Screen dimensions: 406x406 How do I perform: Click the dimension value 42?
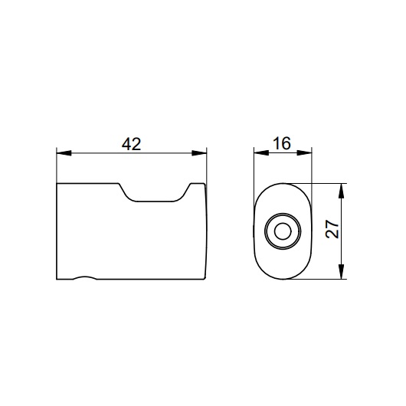(132, 143)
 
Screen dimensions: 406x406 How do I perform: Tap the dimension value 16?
(282, 143)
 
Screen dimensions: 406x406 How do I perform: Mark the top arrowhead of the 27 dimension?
(342, 188)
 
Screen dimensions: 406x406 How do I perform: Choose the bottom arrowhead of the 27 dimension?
(342, 274)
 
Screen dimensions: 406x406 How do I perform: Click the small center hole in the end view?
(282, 231)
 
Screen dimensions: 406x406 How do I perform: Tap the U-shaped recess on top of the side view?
(153, 198)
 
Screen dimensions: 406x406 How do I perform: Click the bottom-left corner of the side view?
(57, 279)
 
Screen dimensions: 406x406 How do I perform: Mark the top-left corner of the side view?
(57, 185)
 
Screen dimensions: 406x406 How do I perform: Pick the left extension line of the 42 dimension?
(57, 165)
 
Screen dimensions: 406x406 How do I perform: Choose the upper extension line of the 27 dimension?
(326, 183)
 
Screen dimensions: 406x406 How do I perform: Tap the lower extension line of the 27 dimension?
(326, 280)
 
